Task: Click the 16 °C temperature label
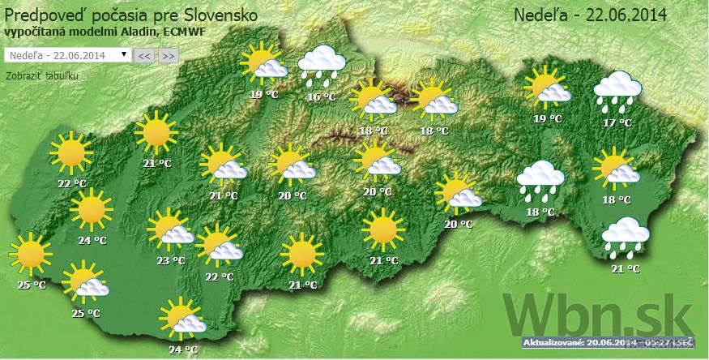322,97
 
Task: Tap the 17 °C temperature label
617,122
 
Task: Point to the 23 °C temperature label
171,260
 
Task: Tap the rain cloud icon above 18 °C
540,182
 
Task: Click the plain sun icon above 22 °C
70,152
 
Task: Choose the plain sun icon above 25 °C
31,255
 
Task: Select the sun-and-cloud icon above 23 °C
171,230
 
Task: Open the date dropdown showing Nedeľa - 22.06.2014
67,54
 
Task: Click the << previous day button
144,55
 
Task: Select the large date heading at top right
589,15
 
